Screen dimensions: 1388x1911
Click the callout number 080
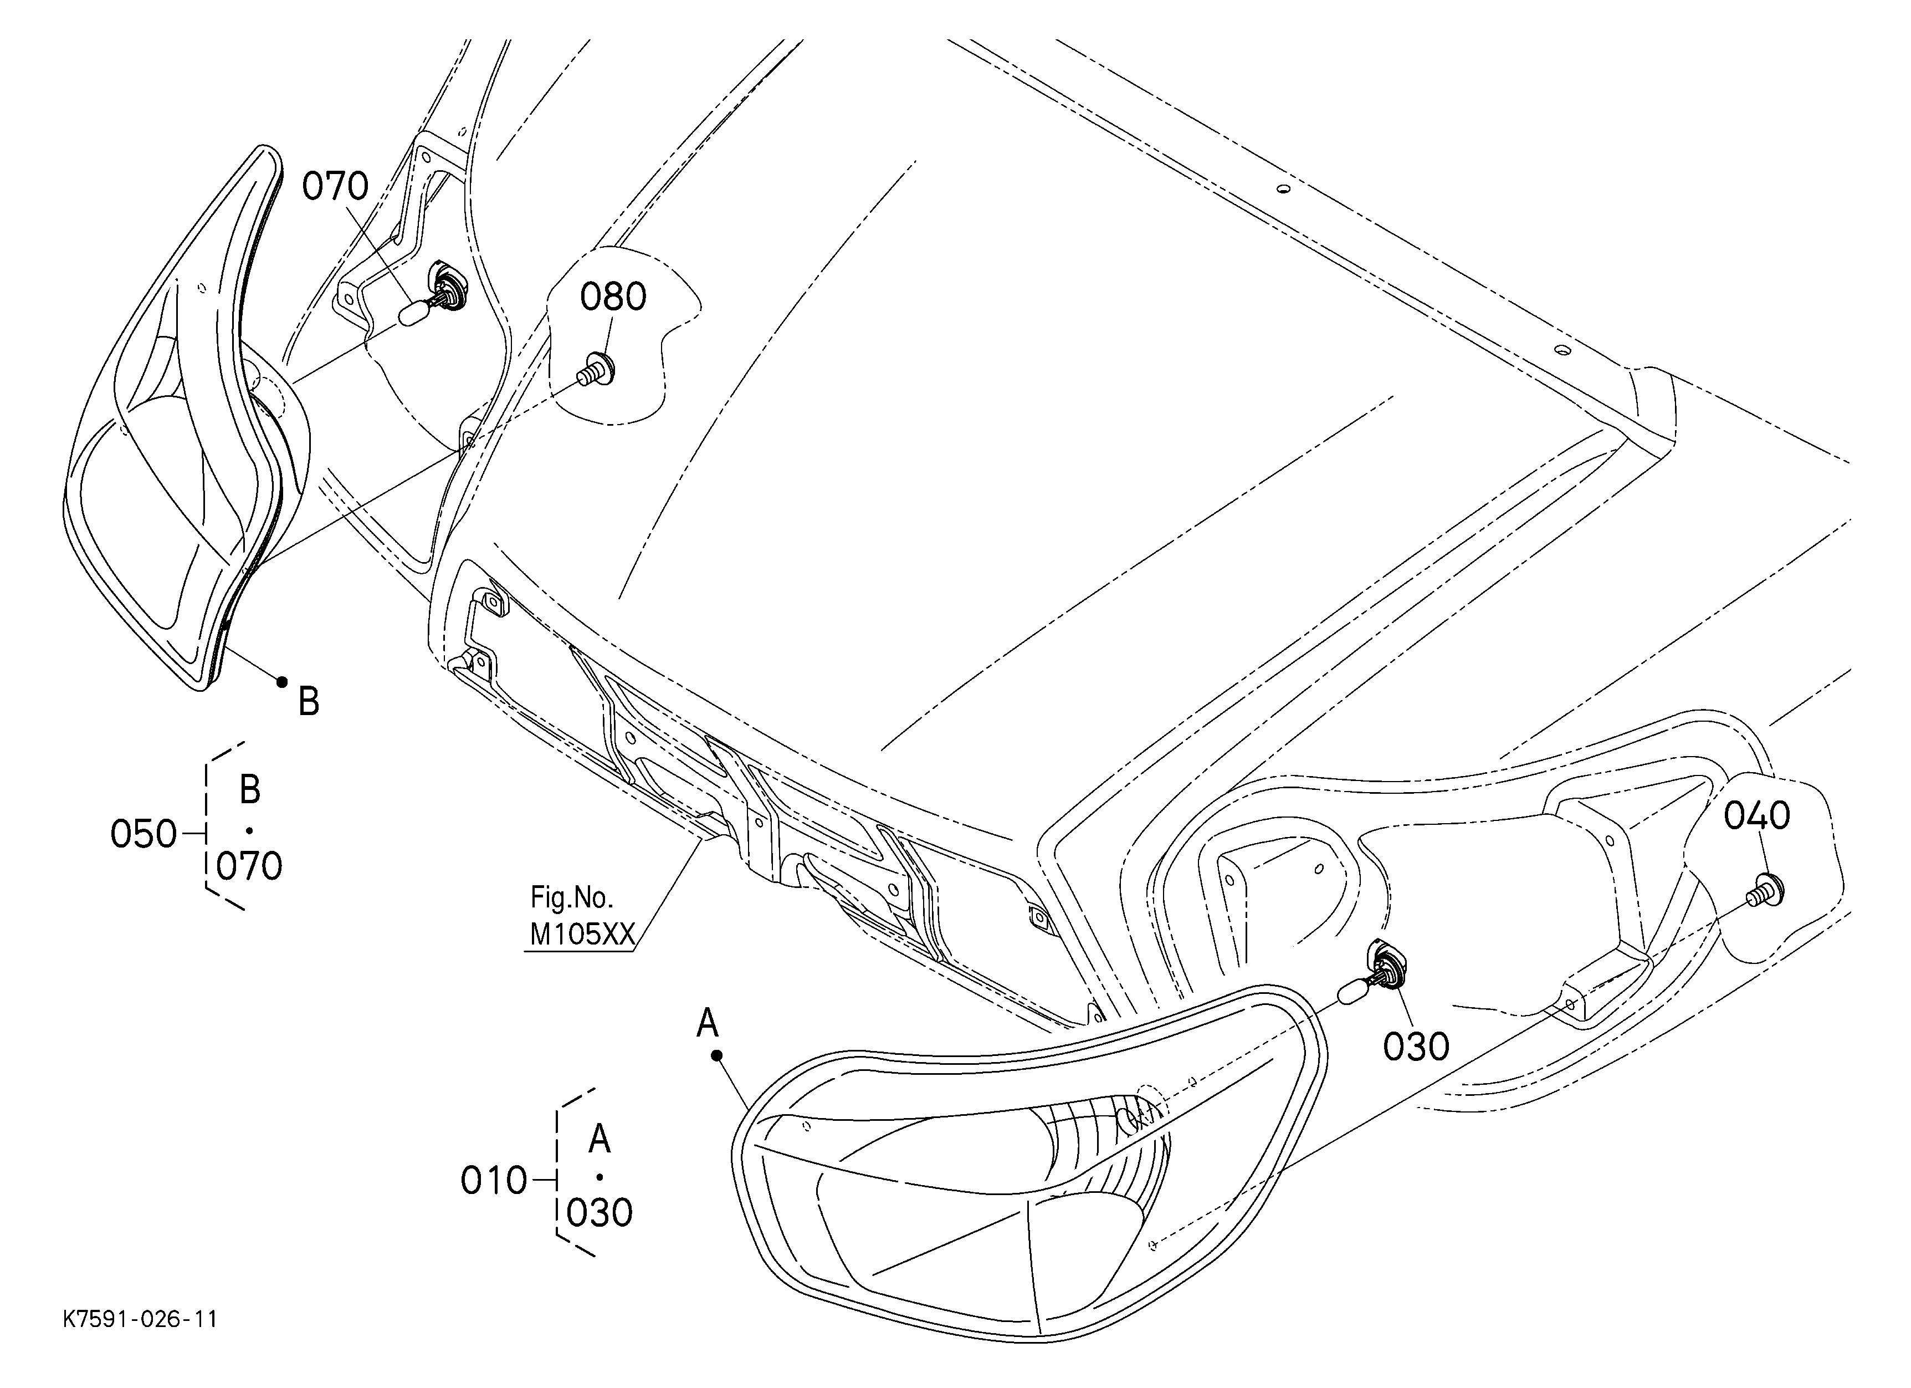[x=613, y=297]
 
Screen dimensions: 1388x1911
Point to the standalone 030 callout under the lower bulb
[x=1416, y=1047]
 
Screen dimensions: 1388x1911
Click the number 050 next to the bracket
[x=144, y=834]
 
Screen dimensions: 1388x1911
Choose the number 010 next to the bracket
[x=494, y=1182]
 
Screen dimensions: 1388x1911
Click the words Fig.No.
[x=571, y=897]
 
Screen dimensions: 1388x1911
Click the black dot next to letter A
[x=717, y=1054]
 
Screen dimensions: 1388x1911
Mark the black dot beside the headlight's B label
[x=283, y=682]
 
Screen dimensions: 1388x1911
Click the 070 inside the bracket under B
[x=249, y=866]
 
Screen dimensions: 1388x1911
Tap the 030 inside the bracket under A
[x=599, y=1213]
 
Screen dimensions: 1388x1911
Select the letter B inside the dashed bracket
[x=249, y=790]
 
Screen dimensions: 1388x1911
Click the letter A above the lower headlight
[x=708, y=1023]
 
